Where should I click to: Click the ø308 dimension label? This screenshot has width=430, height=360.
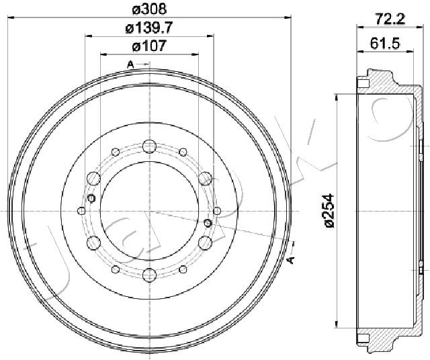tap(149, 9)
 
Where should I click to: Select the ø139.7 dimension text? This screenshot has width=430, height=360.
tap(149, 28)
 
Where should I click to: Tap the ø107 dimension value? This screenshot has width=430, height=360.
tap(149, 46)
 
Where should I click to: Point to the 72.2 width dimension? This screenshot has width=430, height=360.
tap(390, 19)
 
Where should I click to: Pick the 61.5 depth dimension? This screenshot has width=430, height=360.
tap(385, 43)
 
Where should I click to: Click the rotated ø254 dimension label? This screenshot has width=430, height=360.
tap(329, 211)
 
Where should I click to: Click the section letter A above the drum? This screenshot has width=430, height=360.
tap(130, 64)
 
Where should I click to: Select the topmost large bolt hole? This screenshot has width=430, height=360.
tap(149, 146)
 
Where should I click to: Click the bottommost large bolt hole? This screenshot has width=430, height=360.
tap(149, 275)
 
